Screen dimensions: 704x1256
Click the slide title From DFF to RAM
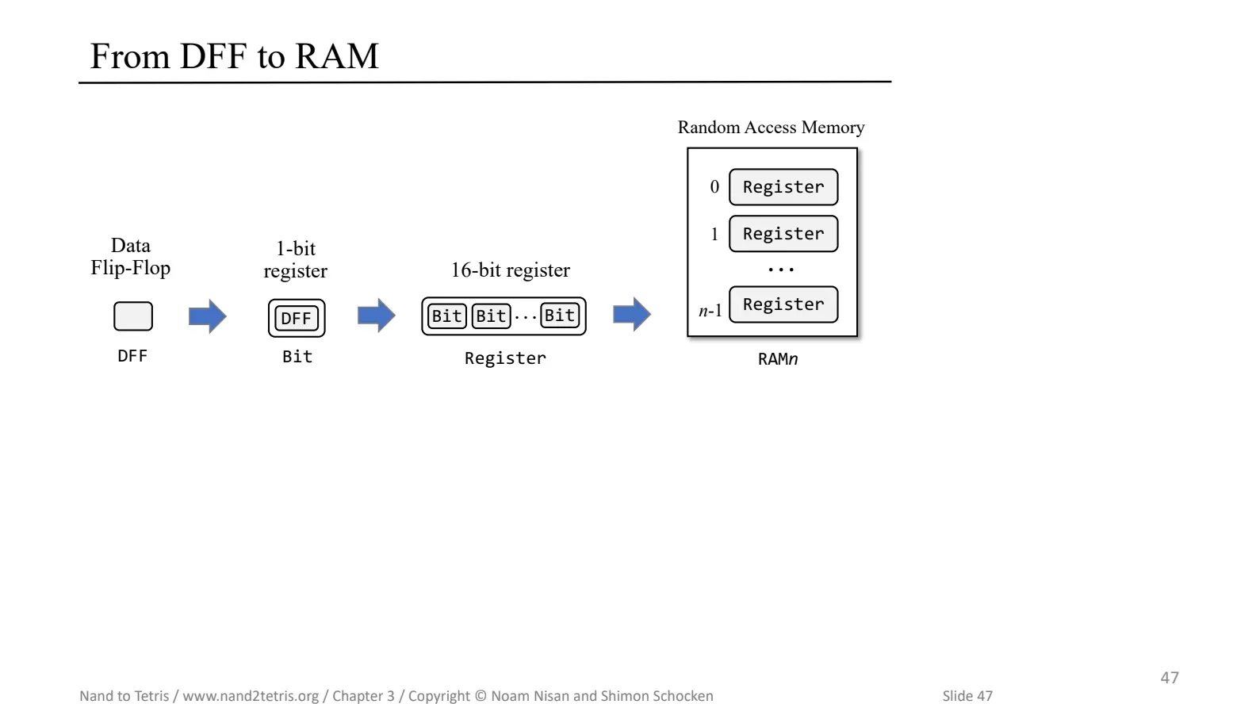point(234,56)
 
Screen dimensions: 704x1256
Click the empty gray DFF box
point(133,316)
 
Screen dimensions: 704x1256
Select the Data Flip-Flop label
point(130,257)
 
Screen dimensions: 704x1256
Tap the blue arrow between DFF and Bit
point(208,316)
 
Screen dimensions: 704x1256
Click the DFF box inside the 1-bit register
point(297,318)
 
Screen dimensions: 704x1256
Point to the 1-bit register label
point(295,259)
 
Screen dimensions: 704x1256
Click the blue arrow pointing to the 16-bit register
point(377,316)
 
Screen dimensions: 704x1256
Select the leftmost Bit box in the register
point(446,316)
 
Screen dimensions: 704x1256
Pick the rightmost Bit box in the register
point(560,316)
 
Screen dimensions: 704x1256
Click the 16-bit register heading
point(511,270)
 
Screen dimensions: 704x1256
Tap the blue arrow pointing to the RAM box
point(632,315)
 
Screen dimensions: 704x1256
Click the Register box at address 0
point(783,187)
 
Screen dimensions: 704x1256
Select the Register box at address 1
point(783,234)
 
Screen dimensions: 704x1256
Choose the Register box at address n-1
point(783,304)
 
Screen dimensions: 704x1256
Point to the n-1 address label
point(710,311)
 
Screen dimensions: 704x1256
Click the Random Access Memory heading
point(771,128)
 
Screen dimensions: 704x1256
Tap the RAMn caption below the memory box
point(777,359)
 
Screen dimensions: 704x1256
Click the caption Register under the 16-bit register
point(505,358)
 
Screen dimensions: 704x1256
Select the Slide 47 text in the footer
point(967,695)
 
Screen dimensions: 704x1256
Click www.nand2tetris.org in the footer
point(251,695)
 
